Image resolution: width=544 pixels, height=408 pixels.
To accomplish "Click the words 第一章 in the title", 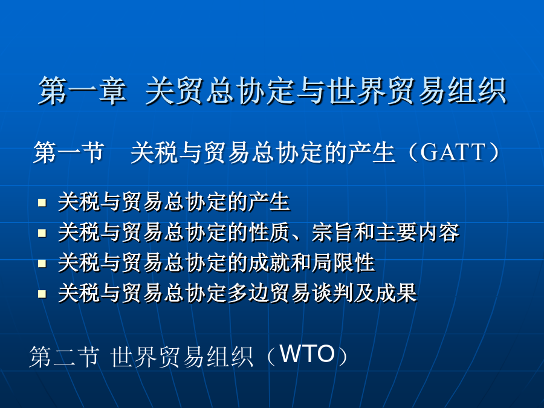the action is click(x=83, y=91).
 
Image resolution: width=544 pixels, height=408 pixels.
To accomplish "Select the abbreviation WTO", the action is click(x=307, y=354).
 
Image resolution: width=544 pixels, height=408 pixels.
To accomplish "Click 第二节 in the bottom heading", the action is click(x=64, y=356).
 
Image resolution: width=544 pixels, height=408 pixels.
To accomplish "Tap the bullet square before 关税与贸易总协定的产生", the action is click(x=42, y=202).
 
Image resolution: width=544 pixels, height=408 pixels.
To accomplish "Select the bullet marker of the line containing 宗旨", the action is click(x=42, y=233).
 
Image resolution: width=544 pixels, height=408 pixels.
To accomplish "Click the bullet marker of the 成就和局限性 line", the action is click(x=42, y=264).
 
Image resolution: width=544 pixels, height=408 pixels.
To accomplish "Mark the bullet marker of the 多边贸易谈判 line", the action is click(x=42, y=294).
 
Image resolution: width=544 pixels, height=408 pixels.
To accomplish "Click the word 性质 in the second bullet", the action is click(x=270, y=233).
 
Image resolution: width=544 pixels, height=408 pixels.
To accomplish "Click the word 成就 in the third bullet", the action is click(x=270, y=263).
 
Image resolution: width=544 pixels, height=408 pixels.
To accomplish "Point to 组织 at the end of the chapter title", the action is click(x=477, y=91).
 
